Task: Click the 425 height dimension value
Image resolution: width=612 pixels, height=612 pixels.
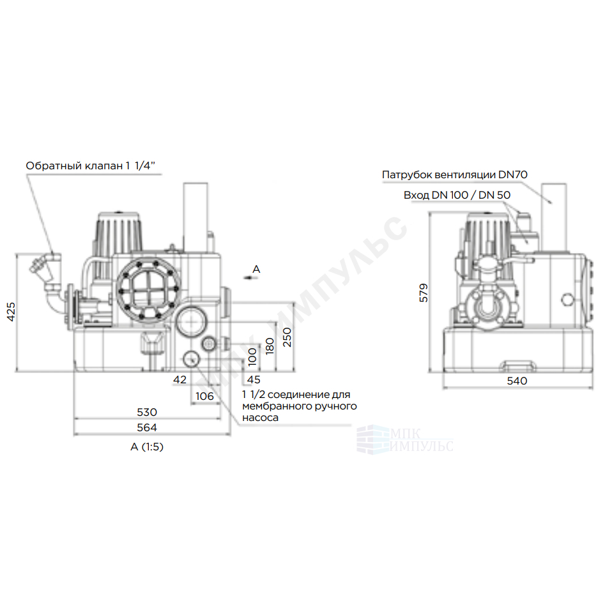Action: point(11,312)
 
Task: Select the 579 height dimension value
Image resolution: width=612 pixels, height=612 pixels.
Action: point(424,293)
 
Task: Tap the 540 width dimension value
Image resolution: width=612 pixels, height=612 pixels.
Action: point(517,381)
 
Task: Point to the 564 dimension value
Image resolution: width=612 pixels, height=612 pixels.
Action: point(147,428)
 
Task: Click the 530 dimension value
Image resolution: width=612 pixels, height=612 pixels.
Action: point(147,412)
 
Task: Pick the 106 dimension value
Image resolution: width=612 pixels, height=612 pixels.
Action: point(204,396)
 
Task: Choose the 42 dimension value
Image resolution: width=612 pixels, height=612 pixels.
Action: point(180,379)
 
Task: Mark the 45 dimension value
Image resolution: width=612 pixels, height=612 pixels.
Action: point(254,379)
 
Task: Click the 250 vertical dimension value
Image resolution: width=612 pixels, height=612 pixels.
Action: point(287,337)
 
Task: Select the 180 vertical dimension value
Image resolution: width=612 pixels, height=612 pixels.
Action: point(270,346)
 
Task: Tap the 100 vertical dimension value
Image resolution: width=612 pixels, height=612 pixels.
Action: point(252,356)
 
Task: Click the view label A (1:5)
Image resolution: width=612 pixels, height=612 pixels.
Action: point(147,447)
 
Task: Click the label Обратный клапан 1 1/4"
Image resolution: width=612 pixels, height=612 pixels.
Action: point(90,166)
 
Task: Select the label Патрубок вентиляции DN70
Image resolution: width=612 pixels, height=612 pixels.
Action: point(455,174)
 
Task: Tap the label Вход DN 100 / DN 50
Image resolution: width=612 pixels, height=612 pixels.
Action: point(457,195)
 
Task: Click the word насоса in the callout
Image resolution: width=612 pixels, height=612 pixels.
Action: point(260,418)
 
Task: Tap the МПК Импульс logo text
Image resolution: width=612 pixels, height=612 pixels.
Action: point(422,440)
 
